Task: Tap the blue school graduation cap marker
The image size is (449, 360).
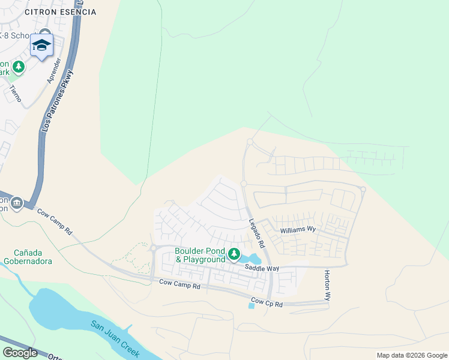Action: pos(42,46)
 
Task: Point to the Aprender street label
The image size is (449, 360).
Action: pos(54,71)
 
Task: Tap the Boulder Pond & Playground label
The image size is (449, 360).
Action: pos(200,255)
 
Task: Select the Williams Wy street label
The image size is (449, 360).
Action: pos(298,229)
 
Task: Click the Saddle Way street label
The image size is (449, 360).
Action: pos(262,269)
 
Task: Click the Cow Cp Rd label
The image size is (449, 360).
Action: pos(266,301)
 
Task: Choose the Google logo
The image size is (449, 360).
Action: pos(20,353)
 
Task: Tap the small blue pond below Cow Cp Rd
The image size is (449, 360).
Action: pos(251,305)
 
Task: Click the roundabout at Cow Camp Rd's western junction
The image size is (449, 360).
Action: pos(153,248)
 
